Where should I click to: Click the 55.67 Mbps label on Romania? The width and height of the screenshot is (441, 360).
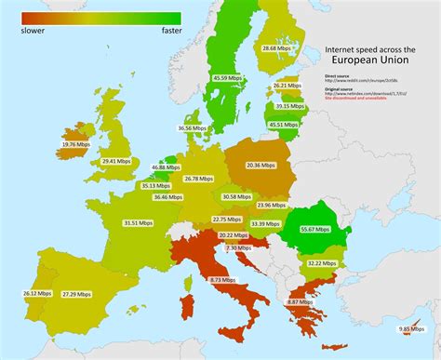[x=314, y=228]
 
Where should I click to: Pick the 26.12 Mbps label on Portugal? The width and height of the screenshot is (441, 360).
[x=35, y=293]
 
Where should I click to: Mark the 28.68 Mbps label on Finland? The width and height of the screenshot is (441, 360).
[x=279, y=47]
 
